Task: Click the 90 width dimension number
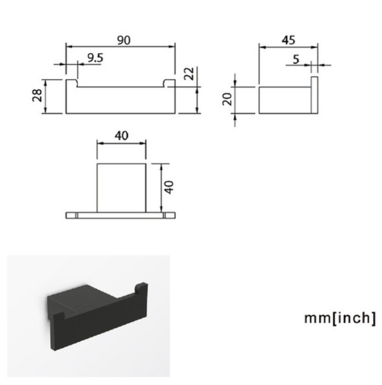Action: click(123, 40)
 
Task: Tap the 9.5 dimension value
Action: click(95, 58)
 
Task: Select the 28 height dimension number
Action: click(38, 95)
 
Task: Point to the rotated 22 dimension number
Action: click(189, 73)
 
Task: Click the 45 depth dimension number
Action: click(288, 40)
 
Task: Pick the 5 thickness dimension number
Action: click(297, 59)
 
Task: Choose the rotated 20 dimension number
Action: click(227, 99)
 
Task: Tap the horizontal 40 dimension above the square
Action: click(122, 136)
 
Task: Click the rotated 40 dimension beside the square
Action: click(169, 187)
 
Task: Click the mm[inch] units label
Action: click(340, 318)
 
